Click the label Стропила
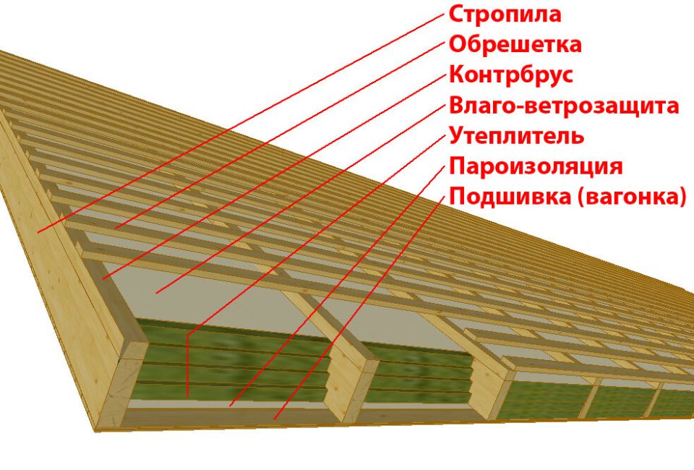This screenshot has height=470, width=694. coord(505,14)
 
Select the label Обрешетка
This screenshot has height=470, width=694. coord(515,44)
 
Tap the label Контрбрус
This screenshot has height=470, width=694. coord(511,74)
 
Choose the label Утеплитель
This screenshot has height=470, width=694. coord(516,136)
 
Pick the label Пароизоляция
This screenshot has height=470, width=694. coord(535,166)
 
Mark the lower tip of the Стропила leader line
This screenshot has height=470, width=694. coord(38,231)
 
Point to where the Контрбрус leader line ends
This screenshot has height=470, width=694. coord(103,278)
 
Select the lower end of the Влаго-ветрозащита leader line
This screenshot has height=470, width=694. coord(155,293)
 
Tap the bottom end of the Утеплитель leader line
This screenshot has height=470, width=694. coord(187,396)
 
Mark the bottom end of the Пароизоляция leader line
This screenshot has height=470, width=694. coord(230,406)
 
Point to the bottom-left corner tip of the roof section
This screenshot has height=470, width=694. coord(95,432)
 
